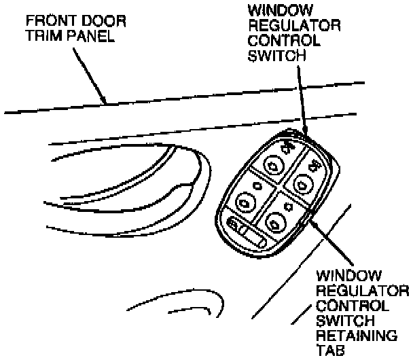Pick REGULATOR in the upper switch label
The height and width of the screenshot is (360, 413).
tap(286, 25)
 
